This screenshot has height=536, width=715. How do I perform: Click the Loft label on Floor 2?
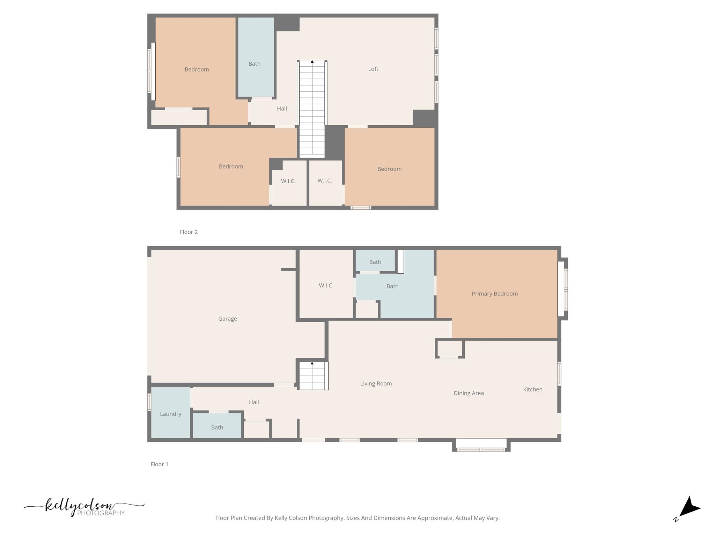(x=373, y=69)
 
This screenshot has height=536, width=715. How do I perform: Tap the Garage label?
(x=227, y=319)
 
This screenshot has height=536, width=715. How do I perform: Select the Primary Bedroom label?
(x=494, y=294)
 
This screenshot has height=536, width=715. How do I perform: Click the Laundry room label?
(x=170, y=414)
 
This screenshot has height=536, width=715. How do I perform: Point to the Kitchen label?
(x=532, y=389)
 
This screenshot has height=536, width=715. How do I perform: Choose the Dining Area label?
(x=468, y=393)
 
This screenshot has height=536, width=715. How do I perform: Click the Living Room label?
(x=376, y=384)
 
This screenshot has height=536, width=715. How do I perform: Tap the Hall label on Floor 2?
(x=282, y=109)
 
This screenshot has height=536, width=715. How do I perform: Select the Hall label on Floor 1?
(x=254, y=402)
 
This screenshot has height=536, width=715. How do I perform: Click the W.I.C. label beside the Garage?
(x=326, y=285)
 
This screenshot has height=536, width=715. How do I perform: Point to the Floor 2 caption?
(x=189, y=232)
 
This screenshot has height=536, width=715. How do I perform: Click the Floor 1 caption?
(x=159, y=464)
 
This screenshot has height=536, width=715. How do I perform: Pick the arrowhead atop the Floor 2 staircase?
(x=312, y=62)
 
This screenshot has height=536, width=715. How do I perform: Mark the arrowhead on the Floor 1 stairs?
(x=312, y=363)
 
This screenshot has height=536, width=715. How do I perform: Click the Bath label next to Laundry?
(x=217, y=427)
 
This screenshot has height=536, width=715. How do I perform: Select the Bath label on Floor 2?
(x=254, y=64)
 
